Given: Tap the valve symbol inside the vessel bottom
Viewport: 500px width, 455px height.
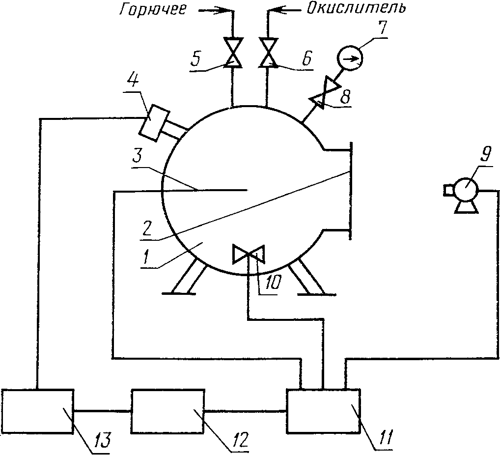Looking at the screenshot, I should tap(249, 255).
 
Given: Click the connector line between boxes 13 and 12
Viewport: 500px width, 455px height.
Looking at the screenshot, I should tap(102, 410).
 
